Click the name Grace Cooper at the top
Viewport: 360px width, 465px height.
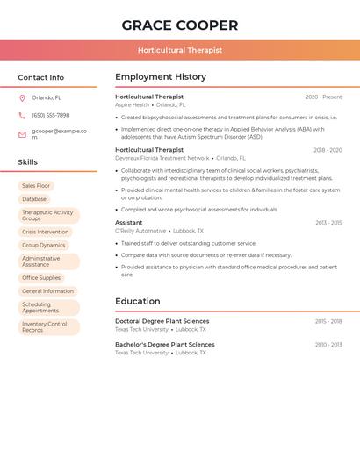180,25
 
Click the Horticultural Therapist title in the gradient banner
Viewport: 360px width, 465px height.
180,50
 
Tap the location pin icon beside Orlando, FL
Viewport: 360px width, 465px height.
22,97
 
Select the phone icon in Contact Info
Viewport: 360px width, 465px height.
22,115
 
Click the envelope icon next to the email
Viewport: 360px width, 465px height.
22,134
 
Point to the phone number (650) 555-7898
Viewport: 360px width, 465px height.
51,115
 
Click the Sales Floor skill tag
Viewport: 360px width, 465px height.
36,186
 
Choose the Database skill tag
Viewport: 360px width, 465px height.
34,199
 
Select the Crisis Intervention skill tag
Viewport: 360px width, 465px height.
45,232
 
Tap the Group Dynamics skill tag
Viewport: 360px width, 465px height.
44,246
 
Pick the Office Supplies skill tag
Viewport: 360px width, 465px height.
41,278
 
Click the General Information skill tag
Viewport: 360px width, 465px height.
47,291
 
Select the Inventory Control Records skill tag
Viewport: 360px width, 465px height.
45,327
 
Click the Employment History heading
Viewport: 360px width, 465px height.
161,77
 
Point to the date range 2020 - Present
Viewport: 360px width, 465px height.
323,97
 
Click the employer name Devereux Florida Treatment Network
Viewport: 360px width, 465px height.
162,158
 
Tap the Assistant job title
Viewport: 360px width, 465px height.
128,223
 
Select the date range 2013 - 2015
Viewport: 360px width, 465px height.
328,223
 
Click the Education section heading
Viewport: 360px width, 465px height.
138,301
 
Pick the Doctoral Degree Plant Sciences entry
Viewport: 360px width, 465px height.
162,321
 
